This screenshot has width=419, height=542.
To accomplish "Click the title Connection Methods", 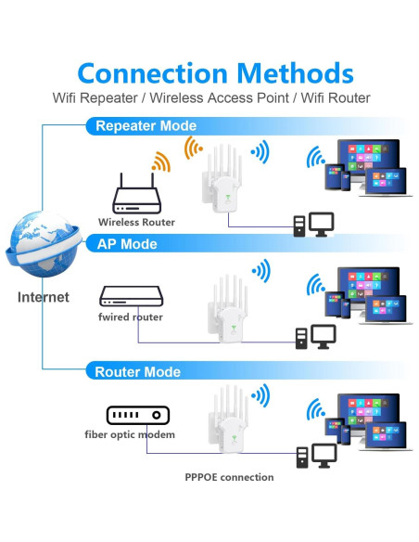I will pyautogui.click(x=215, y=72).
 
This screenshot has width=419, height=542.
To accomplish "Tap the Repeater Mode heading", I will pyautogui.click(x=146, y=125).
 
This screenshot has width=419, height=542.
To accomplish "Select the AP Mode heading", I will pyautogui.click(x=127, y=244).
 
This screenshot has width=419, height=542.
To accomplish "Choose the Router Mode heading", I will pyautogui.click(x=138, y=371).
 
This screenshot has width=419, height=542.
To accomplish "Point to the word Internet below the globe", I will pyautogui.click(x=43, y=297).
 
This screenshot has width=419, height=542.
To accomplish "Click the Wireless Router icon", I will pyautogui.click(x=136, y=196).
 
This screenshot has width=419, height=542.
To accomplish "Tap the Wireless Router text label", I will pyautogui.click(x=136, y=223).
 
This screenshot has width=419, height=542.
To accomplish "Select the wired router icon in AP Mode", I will pyautogui.click(x=131, y=296).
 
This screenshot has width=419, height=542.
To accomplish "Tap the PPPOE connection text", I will pyautogui.click(x=228, y=477).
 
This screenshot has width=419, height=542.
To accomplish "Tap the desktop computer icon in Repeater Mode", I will pyautogui.click(x=313, y=224).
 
